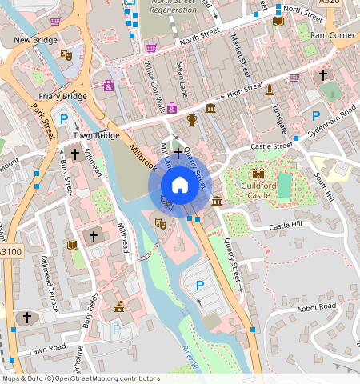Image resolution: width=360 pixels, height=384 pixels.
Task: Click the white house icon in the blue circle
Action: pyautogui.click(x=180, y=185)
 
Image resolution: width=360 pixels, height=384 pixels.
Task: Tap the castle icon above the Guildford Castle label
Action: pyautogui.click(x=258, y=174)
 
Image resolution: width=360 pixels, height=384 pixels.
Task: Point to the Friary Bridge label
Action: pyautogui.click(x=62, y=96)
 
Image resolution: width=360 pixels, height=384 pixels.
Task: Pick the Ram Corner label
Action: pyautogui.click(x=331, y=35)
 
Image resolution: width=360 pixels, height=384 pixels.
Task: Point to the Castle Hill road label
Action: pyautogui.click(x=286, y=227)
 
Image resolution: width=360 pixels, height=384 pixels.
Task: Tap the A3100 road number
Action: pyautogui.click(x=12, y=251)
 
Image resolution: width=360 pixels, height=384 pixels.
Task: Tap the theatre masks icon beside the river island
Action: pyautogui.click(x=160, y=226)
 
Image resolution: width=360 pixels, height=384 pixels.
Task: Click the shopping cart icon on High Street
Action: pyautogui.click(x=294, y=78)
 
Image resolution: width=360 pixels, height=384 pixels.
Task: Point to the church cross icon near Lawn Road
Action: pyautogui.click(x=26, y=318)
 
